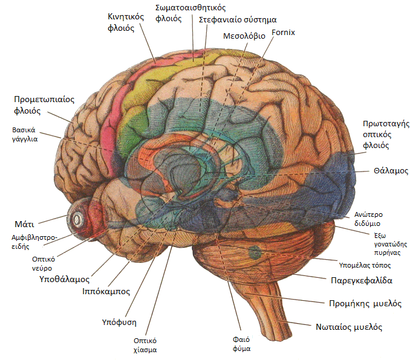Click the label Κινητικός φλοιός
click(x=126, y=22)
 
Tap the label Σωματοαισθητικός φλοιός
click(x=190, y=13)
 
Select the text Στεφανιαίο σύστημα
click(x=238, y=20)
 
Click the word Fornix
click(x=283, y=33)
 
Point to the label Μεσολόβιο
click(x=244, y=36)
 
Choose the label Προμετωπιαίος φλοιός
click(x=44, y=105)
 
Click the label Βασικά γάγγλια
click(x=25, y=134)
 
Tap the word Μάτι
click(x=24, y=224)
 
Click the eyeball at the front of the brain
click(x=77, y=219)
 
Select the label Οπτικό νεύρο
click(x=42, y=263)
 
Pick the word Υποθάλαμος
click(x=64, y=279)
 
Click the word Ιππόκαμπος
click(x=106, y=291)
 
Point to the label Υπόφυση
click(x=119, y=323)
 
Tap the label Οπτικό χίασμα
click(x=145, y=345)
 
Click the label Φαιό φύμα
click(x=242, y=344)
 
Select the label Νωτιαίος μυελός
click(x=349, y=327)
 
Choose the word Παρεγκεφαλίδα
click(x=362, y=280)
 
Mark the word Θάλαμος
click(x=391, y=171)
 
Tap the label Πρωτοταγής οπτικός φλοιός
click(x=386, y=135)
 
